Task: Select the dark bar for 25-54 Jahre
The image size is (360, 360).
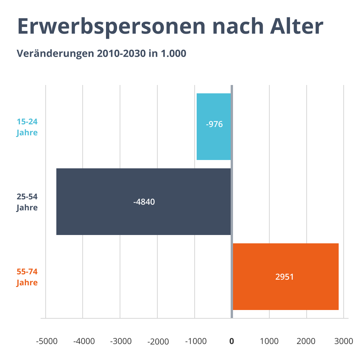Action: coord(143,217)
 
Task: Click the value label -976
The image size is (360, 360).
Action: coord(214,125)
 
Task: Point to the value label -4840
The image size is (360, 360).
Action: coord(144,202)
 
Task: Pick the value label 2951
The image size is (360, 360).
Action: coord(284,277)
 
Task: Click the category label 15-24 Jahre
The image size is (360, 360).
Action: coord(27,127)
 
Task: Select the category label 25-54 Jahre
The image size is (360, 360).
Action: coord(27,202)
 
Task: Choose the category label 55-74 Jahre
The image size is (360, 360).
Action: coord(27,277)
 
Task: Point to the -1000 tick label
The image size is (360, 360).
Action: coord(195,341)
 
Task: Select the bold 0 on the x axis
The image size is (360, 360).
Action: coord(232,341)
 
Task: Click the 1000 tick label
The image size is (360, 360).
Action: coord(269,341)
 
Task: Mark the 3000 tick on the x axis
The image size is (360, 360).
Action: coord(344,341)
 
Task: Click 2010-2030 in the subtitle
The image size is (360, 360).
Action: coord(121,53)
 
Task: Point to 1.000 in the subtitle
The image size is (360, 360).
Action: coord(173,53)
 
